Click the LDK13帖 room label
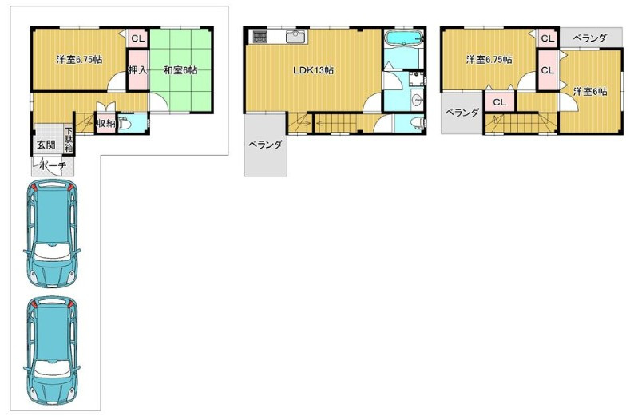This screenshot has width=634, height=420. (313, 70)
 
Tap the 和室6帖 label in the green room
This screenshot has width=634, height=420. (180, 70)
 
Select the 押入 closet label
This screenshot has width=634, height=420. (137, 70)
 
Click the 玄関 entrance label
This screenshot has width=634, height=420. (46, 145)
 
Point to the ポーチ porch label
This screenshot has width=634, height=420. (53, 165)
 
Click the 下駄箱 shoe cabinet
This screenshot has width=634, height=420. (69, 140)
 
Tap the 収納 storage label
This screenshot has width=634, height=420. (106, 123)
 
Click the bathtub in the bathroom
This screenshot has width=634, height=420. (402, 39)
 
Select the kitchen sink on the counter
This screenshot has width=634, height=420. (296, 37)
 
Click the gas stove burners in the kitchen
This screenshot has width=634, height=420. (260, 38)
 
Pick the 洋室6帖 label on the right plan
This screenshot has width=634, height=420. (590, 91)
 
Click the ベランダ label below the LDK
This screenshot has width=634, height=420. (265, 144)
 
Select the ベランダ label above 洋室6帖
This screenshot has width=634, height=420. (590, 38)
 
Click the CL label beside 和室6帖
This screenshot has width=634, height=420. (137, 39)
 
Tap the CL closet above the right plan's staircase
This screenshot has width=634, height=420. (500, 102)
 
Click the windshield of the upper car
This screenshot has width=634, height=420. (52, 251)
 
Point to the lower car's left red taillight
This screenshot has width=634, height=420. (34, 303)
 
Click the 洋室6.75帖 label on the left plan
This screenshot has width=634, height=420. (79, 60)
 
